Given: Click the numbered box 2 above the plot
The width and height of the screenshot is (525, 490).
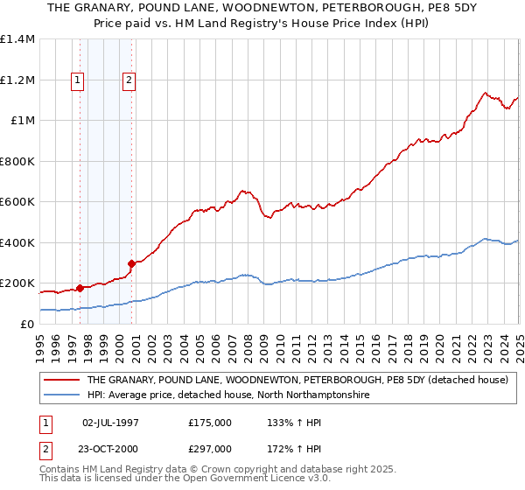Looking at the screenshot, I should [129, 80].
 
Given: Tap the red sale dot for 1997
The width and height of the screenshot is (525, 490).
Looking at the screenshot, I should [80, 287].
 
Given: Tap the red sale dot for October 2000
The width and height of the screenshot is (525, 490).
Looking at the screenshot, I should [132, 262].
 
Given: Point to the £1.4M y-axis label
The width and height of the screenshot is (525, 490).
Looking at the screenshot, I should [17, 39].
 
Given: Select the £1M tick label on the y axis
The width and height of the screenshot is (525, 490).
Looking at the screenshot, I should [23, 121].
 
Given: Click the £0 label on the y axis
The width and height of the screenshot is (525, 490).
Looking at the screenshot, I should [27, 325].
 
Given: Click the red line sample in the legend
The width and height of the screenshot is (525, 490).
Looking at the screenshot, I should [62, 381].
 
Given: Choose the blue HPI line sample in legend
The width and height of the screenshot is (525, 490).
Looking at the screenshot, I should [62, 395].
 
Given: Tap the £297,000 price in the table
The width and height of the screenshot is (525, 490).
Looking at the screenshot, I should [210, 448].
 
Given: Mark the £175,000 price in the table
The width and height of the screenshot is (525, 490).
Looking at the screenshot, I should [210, 422].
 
